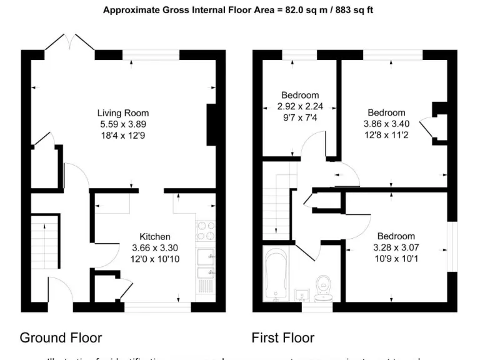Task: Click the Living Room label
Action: point(123,113)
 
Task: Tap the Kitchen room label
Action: point(154,237)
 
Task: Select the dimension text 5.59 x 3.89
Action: point(123,124)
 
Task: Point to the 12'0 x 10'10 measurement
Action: point(154,259)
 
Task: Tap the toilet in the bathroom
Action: point(324,287)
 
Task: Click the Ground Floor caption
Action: point(61,338)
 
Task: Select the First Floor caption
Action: point(282,338)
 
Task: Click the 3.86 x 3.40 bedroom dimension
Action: point(386,124)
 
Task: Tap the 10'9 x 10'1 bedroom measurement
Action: point(396,259)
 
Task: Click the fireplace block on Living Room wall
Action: point(211,126)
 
